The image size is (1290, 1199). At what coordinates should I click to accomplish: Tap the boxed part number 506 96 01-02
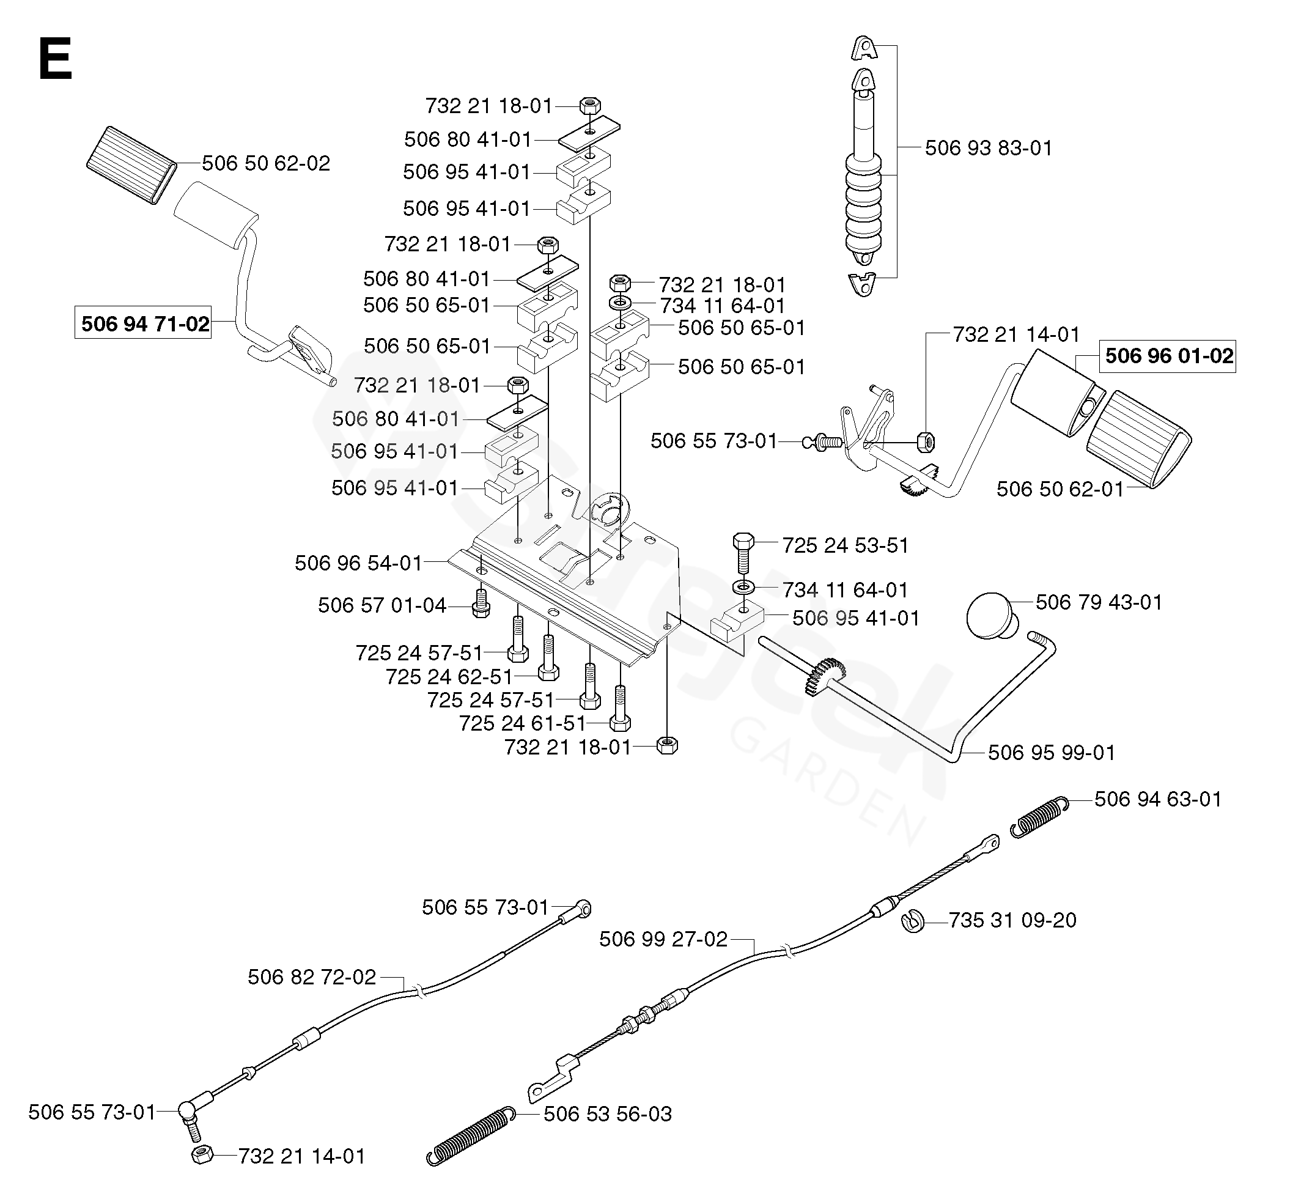pos(1168,356)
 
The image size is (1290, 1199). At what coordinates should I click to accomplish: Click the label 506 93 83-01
pos(987,148)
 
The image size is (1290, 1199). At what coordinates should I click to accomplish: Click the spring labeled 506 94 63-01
pos(1039,817)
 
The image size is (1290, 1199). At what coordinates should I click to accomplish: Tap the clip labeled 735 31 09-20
pos(913,921)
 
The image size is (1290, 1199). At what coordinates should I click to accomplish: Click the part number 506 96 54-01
pos(358,563)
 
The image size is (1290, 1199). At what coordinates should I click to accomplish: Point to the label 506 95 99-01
pos(1051,753)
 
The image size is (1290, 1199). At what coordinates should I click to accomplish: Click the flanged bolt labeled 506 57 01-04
pos(481,603)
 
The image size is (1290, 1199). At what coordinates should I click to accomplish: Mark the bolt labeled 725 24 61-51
pos(621,709)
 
